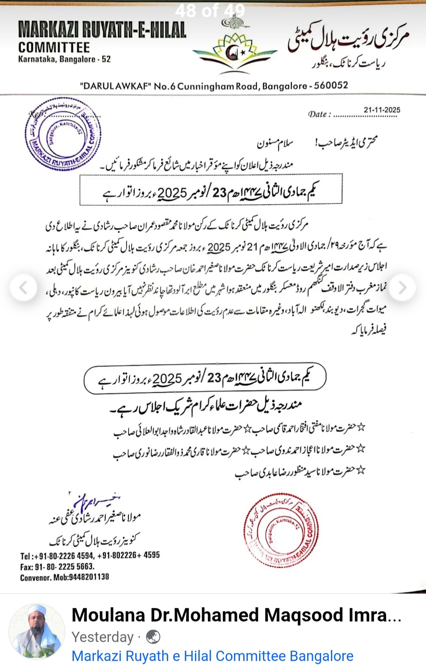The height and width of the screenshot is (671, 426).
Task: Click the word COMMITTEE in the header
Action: (x=54, y=48)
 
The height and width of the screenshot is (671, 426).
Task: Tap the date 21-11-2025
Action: (x=382, y=110)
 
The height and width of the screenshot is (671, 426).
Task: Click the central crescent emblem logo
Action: (x=235, y=51)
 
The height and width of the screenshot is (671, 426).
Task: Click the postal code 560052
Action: (x=331, y=86)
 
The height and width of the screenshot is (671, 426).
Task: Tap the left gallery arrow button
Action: (x=23, y=288)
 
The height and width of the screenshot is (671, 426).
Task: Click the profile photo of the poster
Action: (x=37, y=632)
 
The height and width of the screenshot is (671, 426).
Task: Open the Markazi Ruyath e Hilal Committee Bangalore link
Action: (x=212, y=656)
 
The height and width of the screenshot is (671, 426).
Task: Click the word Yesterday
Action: (x=103, y=637)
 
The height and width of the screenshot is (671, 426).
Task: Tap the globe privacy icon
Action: (x=153, y=637)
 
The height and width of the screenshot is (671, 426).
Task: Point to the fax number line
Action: (x=58, y=566)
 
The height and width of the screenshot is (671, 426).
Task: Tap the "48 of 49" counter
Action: (x=210, y=11)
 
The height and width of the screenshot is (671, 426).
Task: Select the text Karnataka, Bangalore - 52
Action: (x=64, y=60)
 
